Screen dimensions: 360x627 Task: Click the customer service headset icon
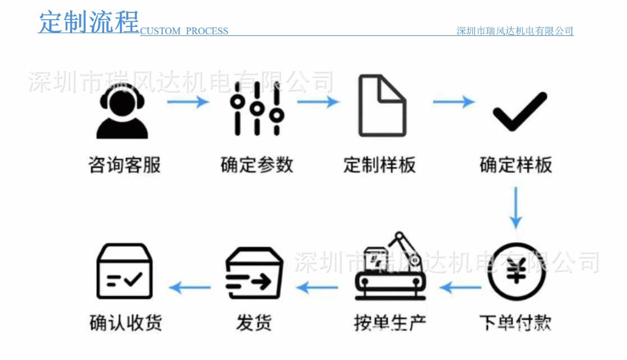tap(122, 114)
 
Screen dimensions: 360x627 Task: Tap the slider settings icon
tap(257, 108)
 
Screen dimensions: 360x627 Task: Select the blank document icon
tap(382, 106)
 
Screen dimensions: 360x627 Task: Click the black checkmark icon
tap(519, 112)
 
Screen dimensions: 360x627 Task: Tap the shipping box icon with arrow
tap(253, 273)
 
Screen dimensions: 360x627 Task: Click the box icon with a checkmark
tap(124, 272)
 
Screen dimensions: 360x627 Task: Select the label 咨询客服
tap(124, 165)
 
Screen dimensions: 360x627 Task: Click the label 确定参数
tap(257, 165)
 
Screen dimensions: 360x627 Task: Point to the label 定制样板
tap(379, 165)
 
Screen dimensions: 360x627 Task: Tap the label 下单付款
tap(515, 323)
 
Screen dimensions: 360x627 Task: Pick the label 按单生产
tap(390, 323)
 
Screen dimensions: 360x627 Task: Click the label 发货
tap(254, 323)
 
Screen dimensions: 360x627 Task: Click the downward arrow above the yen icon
tap(515, 207)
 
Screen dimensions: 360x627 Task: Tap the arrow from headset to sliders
tap(188, 102)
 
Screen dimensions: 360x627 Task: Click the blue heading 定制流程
tap(89, 22)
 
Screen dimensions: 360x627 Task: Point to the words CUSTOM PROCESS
tap(184, 31)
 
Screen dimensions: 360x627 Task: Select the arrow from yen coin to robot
tap(461, 288)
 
